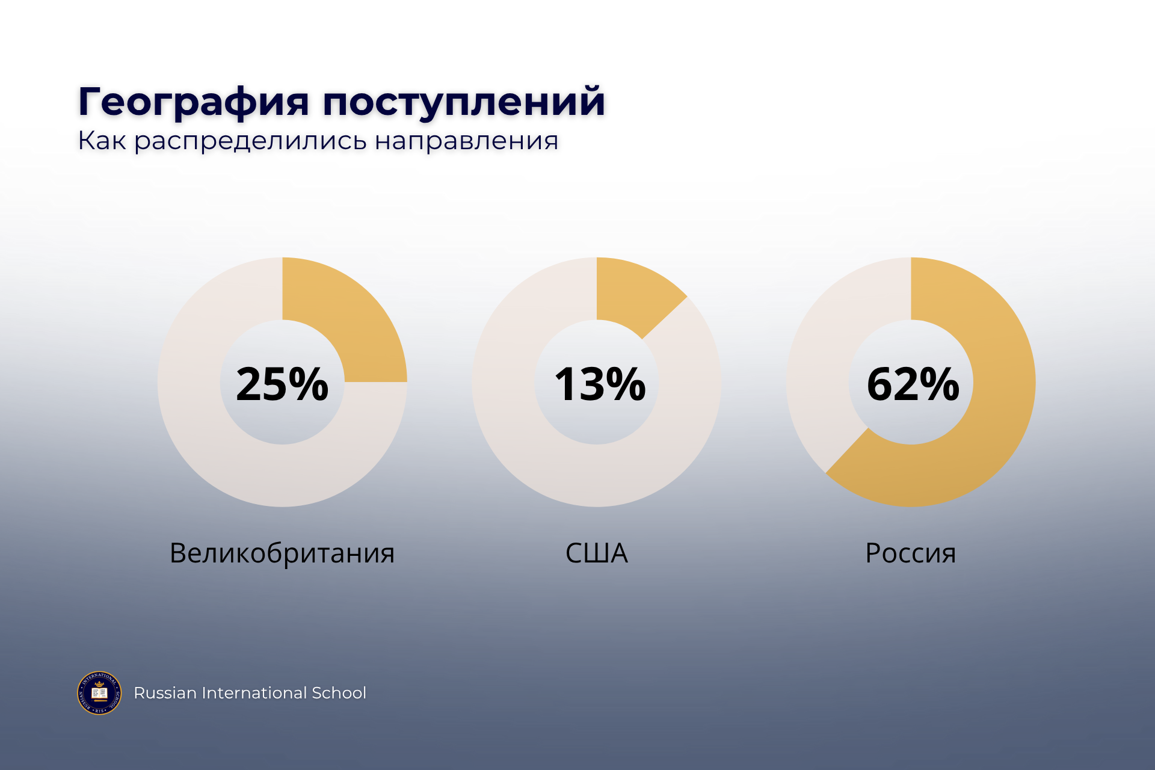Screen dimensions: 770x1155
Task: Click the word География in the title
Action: pos(194,102)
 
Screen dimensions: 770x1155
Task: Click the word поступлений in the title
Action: pos(464,102)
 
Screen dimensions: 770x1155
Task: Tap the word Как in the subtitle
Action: pos(102,141)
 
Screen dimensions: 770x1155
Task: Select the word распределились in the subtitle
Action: pos(250,142)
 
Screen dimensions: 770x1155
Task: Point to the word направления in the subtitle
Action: pos(467,142)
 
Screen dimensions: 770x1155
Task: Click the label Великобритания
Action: pos(282,553)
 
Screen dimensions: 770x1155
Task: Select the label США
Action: pos(597,553)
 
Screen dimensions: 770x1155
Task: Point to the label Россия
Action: pos(911,553)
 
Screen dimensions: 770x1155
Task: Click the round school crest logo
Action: pos(99,693)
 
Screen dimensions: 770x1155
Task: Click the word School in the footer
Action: pos(339,693)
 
